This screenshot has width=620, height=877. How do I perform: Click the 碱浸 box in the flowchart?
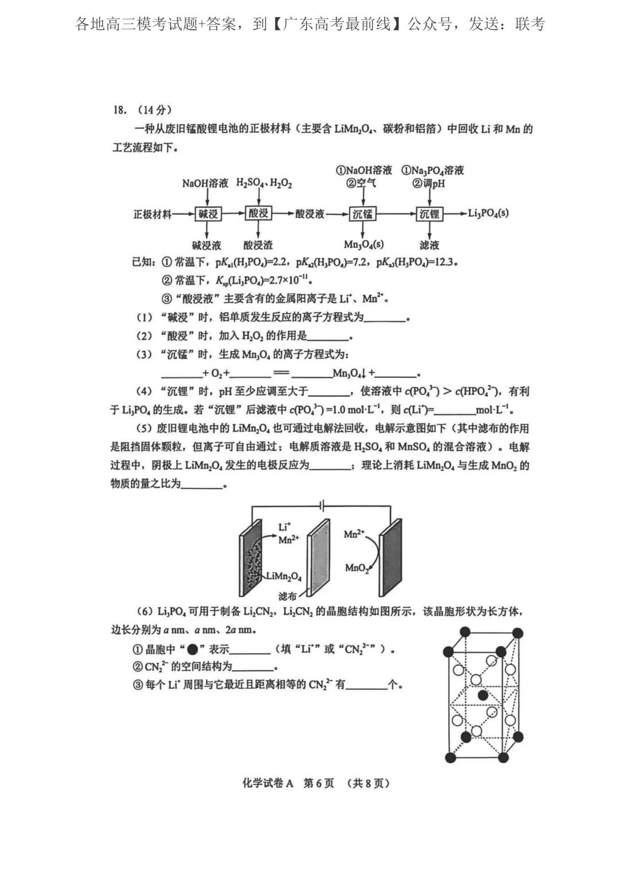(208, 214)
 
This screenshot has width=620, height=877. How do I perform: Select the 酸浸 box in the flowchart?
(258, 214)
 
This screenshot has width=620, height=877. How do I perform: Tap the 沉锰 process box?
(362, 214)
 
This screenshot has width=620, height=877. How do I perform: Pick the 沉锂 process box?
(429, 214)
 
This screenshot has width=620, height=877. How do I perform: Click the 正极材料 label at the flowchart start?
(152, 214)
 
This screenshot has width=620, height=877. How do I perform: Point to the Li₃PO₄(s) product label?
(488, 213)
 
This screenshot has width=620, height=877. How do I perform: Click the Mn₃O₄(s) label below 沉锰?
(363, 245)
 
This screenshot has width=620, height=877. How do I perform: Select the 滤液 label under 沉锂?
(429, 245)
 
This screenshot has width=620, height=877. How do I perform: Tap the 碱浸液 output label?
(207, 245)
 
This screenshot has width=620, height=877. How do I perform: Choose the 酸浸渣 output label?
(258, 245)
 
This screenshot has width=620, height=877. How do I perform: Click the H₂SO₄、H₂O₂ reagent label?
(264, 183)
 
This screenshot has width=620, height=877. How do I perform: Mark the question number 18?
(119, 110)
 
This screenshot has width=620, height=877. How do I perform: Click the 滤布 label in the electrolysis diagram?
(288, 596)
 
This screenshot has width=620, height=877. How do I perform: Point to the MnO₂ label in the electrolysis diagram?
(356, 568)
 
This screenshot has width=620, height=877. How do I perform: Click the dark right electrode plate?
(390, 557)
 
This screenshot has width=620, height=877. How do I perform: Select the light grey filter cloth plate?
(319, 557)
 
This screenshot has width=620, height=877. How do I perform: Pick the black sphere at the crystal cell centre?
(483, 696)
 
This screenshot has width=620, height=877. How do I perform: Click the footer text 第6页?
(318, 783)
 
